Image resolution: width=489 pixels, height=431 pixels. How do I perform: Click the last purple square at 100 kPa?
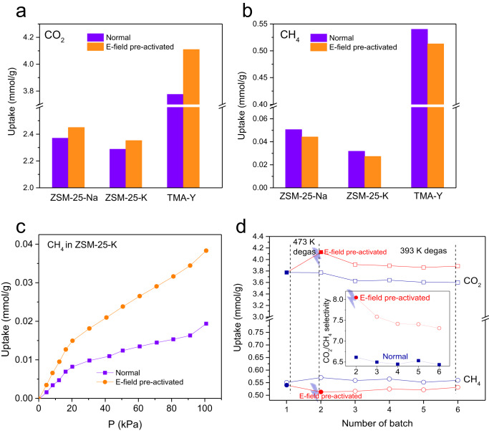206,323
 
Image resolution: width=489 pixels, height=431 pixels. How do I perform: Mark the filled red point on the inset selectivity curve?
356,298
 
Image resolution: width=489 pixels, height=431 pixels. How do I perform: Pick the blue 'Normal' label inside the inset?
392,354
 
